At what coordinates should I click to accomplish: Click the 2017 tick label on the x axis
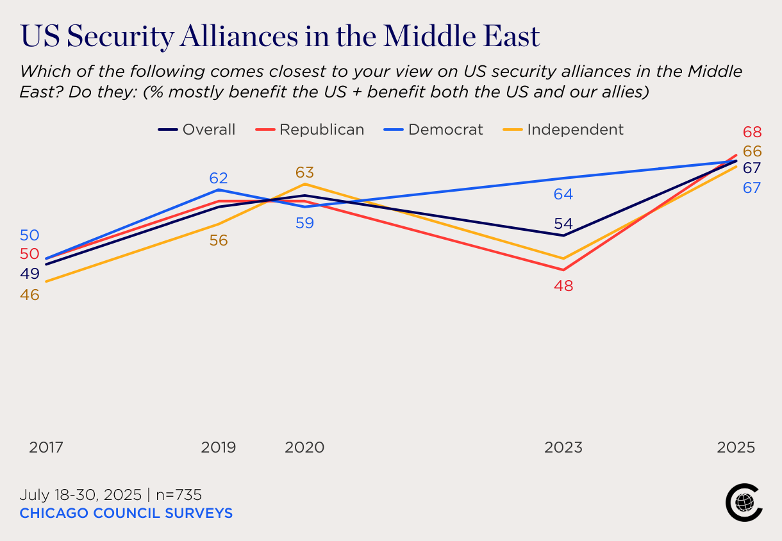click(x=46, y=447)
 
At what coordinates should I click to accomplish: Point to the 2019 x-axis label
click(x=219, y=447)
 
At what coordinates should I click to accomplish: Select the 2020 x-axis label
click(x=304, y=447)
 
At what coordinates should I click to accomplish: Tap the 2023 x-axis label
click(x=563, y=447)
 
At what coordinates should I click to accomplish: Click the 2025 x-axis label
click(x=736, y=447)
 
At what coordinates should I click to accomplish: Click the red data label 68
click(x=752, y=133)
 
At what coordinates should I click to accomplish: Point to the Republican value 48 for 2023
click(x=564, y=286)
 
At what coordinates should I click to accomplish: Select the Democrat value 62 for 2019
click(x=219, y=178)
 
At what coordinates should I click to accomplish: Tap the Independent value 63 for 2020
click(x=304, y=172)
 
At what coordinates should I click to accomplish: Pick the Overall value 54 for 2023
click(x=563, y=224)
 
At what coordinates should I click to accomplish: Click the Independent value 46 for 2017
click(x=30, y=295)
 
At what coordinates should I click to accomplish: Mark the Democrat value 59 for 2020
click(x=304, y=224)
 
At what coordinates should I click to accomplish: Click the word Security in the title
click(x=121, y=37)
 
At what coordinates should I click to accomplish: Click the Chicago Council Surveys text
click(x=126, y=513)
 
